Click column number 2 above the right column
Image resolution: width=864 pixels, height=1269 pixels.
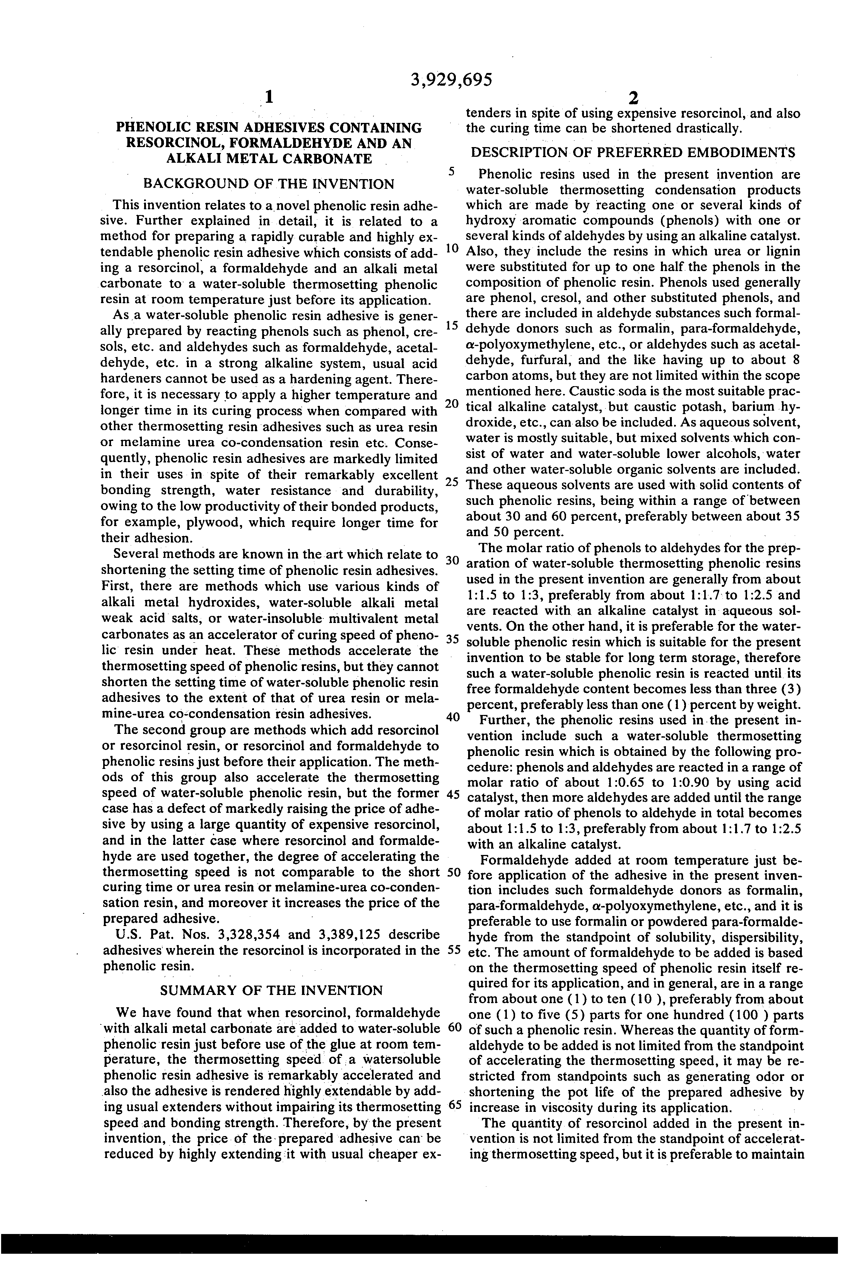pyautogui.click(x=633, y=98)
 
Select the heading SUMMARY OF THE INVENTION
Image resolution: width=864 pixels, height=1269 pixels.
pyautogui.click(x=271, y=990)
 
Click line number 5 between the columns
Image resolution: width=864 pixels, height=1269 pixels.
pyautogui.click(x=451, y=171)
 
